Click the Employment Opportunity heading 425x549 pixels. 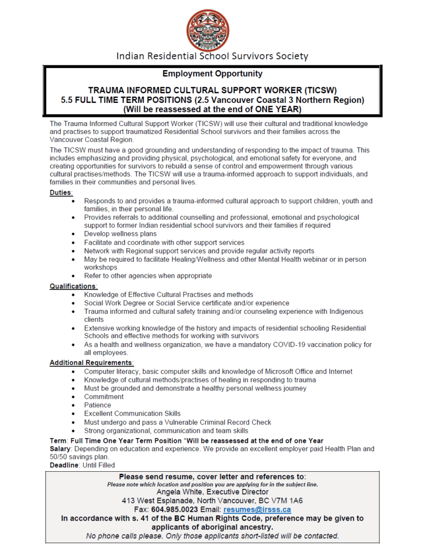[x=213, y=73]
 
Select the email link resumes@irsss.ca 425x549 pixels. [x=257, y=509]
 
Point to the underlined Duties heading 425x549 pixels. [x=61, y=192]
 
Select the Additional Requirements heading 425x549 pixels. [x=91, y=363]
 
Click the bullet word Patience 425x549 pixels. [x=98, y=405]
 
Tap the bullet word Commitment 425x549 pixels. [x=104, y=397]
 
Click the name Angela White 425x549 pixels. [x=179, y=492]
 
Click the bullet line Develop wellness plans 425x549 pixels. [x=120, y=234]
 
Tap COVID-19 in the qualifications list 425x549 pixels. [x=287, y=345]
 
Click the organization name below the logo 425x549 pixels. [x=213, y=56]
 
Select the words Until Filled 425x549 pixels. [x=99, y=465]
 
